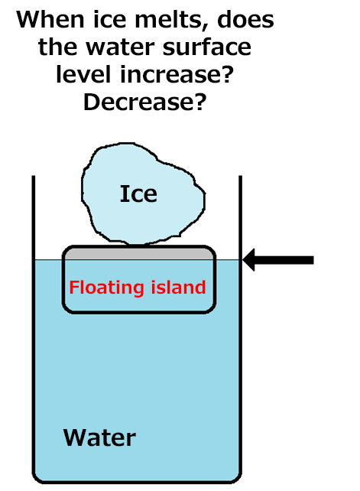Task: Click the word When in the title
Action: pyautogui.click(x=50, y=19)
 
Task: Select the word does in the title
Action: pyautogui.click(x=246, y=19)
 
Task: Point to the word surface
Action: pyautogui.click(x=206, y=47)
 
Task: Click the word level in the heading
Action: pyautogui.click(x=83, y=74)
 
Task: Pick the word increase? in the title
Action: pyautogui.click(x=177, y=74)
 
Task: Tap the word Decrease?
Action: pyautogui.click(x=145, y=102)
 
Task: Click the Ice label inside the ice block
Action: pyautogui.click(x=138, y=193)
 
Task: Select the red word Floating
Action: pyautogui.click(x=106, y=288)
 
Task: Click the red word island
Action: pyautogui.click(x=178, y=287)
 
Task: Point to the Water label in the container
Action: pyautogui.click(x=99, y=437)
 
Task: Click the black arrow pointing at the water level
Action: pyautogui.click(x=278, y=260)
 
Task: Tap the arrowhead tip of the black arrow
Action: pyautogui.click(x=243, y=260)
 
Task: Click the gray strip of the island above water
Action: pyautogui.click(x=139, y=254)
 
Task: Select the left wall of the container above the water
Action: pyautogui.click(x=34, y=218)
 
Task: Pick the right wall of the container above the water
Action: pyautogui.click(x=241, y=218)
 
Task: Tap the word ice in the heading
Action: pyautogui.click(x=109, y=19)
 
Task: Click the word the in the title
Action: pyautogui.click(x=57, y=47)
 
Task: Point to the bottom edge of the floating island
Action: pyautogui.click(x=139, y=311)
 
